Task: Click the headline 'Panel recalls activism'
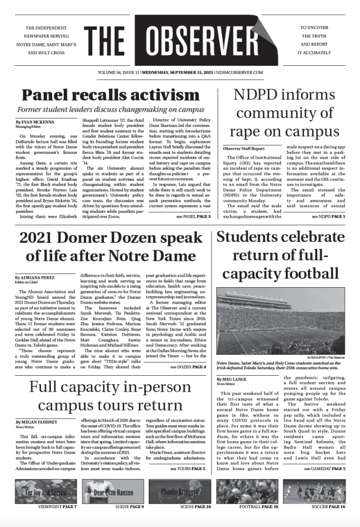tap(103, 95)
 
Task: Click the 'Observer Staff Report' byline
tap(244, 149)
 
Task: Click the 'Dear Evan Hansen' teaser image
tap(113, 492)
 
